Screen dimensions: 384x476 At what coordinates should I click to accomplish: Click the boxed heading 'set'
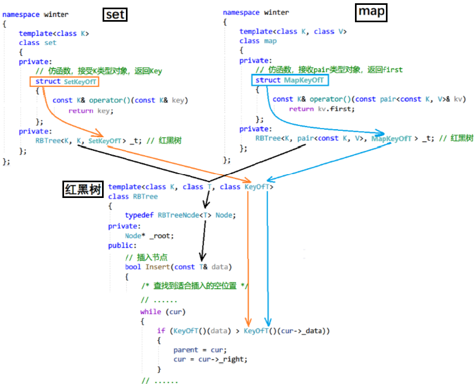(x=115, y=14)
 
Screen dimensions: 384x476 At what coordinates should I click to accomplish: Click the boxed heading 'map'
(x=371, y=12)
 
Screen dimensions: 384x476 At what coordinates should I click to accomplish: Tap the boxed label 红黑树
(x=82, y=189)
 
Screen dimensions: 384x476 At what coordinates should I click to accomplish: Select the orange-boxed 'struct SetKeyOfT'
(x=65, y=81)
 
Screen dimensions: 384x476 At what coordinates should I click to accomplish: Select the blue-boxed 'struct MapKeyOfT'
(x=290, y=80)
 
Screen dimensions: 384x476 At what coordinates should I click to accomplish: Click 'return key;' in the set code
(x=91, y=111)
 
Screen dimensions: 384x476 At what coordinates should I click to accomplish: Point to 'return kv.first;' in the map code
(x=321, y=109)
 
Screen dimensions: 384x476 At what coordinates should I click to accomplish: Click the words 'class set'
(x=37, y=42)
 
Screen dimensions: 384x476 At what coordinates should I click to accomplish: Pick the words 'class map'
(x=258, y=41)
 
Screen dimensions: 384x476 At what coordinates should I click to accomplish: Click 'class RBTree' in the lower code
(x=133, y=196)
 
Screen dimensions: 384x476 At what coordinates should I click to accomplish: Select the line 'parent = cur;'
(x=200, y=349)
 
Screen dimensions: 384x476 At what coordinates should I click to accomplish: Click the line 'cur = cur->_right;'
(x=210, y=359)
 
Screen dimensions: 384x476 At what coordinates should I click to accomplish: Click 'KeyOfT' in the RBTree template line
(x=257, y=187)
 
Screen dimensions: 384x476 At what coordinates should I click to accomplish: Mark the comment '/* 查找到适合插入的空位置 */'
(x=194, y=286)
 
